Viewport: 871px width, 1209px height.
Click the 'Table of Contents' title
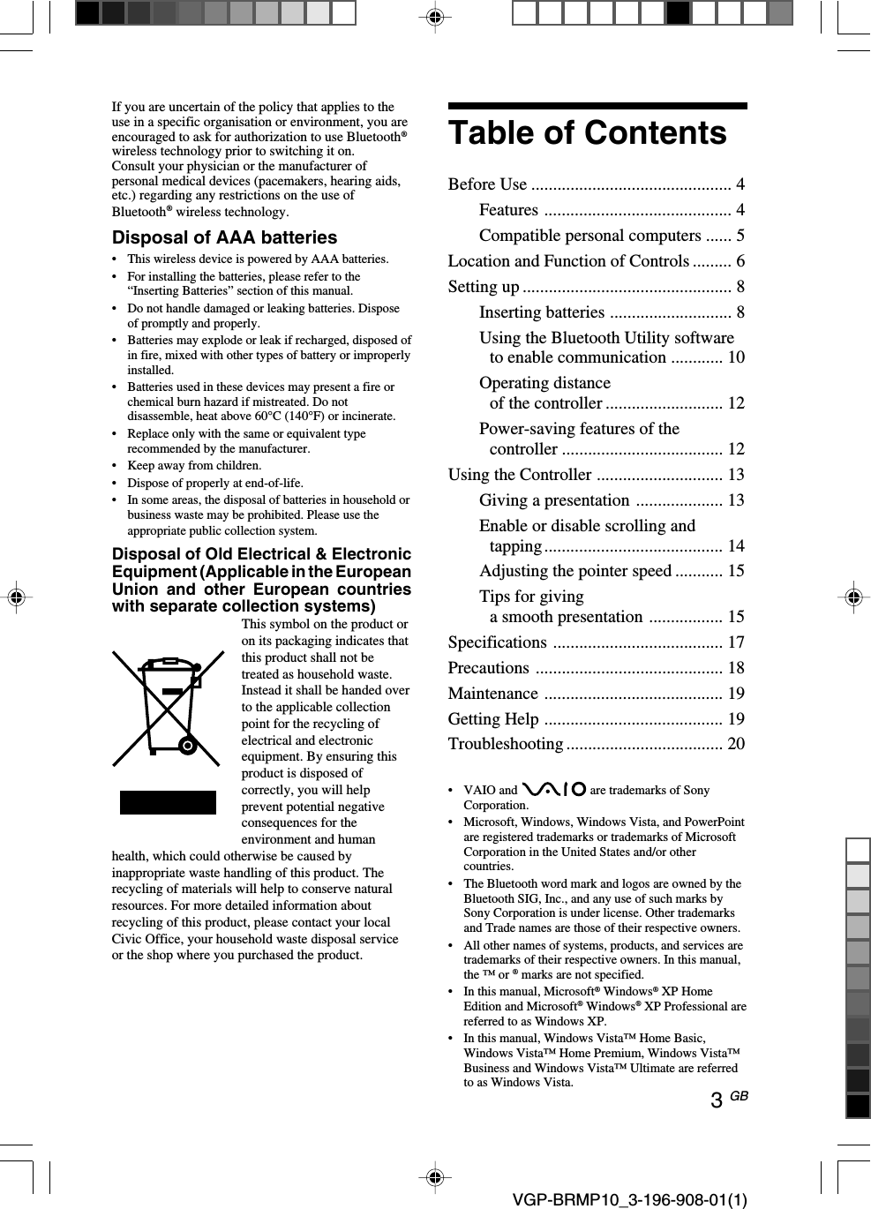tap(587, 133)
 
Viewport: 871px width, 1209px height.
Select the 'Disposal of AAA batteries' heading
tap(224, 237)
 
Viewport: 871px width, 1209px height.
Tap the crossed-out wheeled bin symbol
tap(168, 709)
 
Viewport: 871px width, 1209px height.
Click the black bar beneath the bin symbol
tap(168, 802)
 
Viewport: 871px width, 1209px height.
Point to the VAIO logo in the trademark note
tap(553, 789)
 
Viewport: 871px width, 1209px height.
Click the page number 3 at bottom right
tap(717, 1100)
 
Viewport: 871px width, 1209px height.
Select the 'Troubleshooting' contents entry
tap(505, 744)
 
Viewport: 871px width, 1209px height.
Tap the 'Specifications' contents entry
tap(497, 642)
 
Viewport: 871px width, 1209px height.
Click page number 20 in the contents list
tap(736, 744)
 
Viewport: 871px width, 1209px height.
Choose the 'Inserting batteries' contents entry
tap(541, 312)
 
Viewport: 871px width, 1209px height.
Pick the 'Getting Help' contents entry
tap(492, 719)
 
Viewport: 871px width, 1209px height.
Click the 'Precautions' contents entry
tap(488, 668)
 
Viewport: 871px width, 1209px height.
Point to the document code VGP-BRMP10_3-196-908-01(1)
tap(629, 1199)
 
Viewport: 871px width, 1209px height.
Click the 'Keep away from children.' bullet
tap(194, 465)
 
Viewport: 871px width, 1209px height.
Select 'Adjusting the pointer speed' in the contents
tap(574, 571)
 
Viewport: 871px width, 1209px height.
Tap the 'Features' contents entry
tap(508, 210)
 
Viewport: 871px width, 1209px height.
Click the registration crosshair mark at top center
tap(434, 17)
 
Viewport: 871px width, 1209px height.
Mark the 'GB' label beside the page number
tap(739, 1096)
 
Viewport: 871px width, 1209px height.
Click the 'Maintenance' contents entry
tap(492, 694)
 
